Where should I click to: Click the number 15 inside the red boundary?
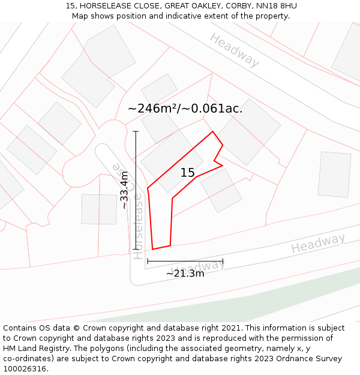tap(188, 173)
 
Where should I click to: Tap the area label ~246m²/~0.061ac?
tap(185, 109)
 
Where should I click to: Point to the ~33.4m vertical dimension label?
tap(124, 190)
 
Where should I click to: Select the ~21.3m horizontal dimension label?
tap(185, 274)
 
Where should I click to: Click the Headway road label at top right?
tap(235, 50)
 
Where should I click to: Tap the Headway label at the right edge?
tap(318, 244)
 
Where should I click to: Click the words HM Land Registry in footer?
tap(36, 349)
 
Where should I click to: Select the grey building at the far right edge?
tap(334, 174)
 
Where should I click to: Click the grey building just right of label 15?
tap(221, 190)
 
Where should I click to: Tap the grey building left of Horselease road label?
tap(99, 209)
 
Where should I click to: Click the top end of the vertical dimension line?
tap(136, 131)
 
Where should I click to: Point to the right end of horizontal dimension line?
tap(223, 261)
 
